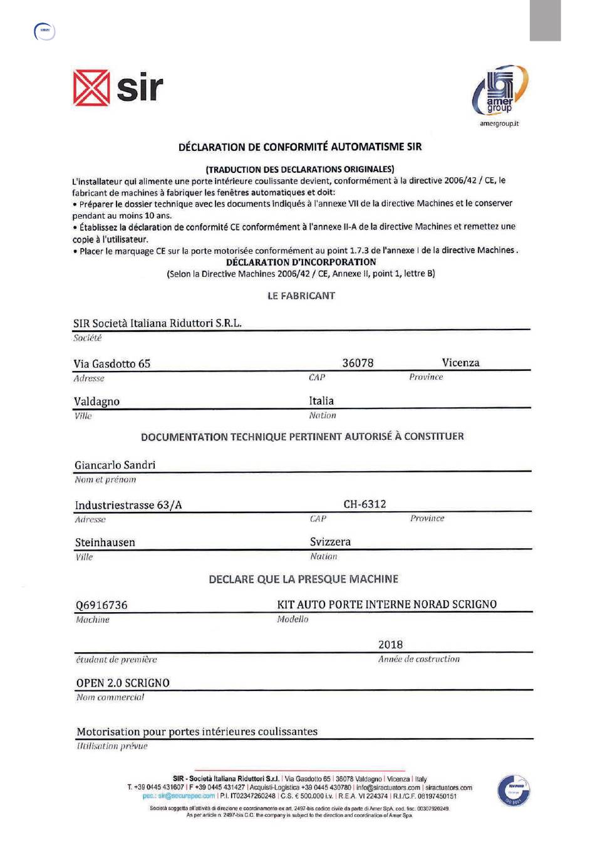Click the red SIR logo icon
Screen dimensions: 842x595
(91, 88)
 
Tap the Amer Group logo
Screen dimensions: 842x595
(500, 91)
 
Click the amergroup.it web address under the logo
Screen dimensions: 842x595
(499, 123)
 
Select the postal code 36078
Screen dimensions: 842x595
(358, 363)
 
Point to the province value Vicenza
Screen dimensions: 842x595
(460, 363)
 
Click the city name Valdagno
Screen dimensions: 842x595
(96, 402)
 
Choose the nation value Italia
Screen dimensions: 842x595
(321, 401)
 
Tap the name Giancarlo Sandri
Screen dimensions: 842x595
(115, 465)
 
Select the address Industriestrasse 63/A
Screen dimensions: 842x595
(128, 505)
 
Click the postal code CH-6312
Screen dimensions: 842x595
(365, 504)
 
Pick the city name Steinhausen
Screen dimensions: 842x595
(105, 543)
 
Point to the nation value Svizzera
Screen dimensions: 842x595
(330, 542)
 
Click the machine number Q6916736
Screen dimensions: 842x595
(101, 605)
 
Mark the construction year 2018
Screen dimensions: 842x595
(390, 645)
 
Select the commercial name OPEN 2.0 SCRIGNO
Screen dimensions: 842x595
(123, 683)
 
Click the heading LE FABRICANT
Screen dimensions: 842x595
(301, 296)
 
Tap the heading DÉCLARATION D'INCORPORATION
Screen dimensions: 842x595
(301, 262)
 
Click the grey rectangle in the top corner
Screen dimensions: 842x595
(545, 21)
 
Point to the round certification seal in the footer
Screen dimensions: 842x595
(513, 790)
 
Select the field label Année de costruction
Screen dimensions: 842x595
(419, 659)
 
